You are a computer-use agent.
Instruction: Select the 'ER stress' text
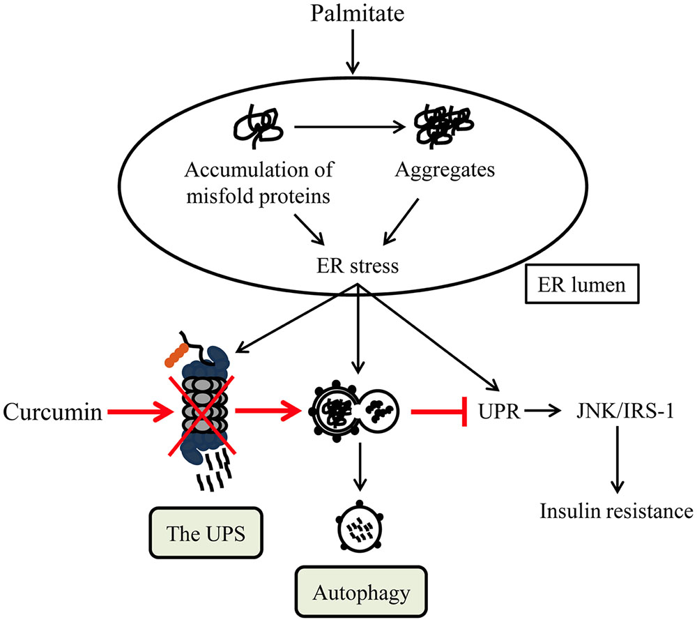pos(355,266)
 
